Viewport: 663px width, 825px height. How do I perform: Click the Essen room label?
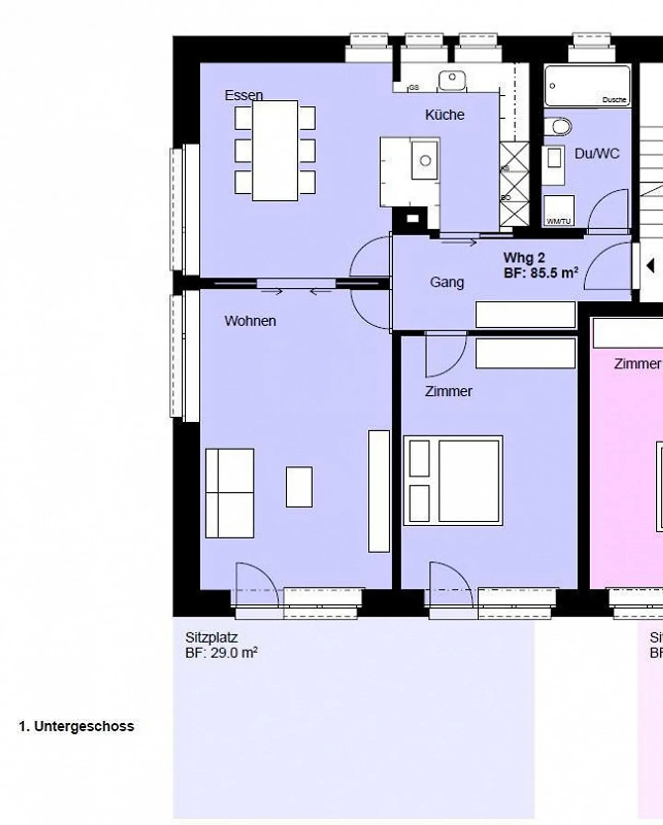click(x=244, y=95)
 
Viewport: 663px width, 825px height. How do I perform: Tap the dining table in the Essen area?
click(x=275, y=151)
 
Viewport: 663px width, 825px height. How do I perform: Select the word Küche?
click(x=444, y=115)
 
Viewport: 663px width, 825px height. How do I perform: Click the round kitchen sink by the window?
click(x=452, y=80)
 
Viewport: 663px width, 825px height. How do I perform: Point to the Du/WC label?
click(x=597, y=154)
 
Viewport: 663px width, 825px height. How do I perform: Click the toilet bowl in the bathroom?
click(x=558, y=127)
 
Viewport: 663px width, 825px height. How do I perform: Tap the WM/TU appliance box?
click(x=559, y=210)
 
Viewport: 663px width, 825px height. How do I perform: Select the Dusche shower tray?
click(x=587, y=85)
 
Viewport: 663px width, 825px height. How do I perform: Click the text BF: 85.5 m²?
click(x=541, y=273)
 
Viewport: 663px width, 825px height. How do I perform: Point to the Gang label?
click(x=447, y=282)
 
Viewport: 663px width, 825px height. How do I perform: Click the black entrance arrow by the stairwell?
click(x=650, y=266)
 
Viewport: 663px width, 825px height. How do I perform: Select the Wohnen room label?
click(x=250, y=321)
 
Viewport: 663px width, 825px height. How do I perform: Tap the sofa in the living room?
click(x=229, y=493)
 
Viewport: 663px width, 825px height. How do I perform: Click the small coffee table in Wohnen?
click(x=299, y=487)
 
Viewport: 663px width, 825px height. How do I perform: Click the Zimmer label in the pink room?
click(x=637, y=364)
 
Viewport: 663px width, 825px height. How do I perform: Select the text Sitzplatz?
click(x=211, y=638)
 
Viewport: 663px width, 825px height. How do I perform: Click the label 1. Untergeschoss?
click(x=76, y=726)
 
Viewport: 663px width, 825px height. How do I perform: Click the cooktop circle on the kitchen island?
click(x=425, y=161)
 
